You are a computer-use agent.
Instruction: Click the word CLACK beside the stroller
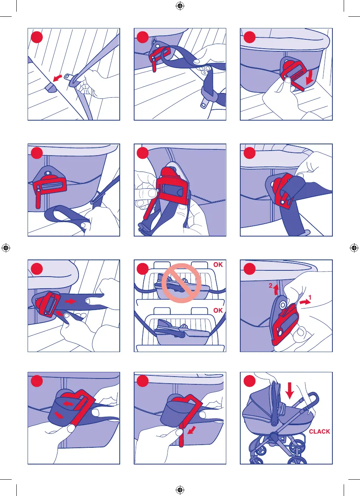319,431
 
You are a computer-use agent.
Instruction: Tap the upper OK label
218,265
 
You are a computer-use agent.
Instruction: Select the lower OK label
218,310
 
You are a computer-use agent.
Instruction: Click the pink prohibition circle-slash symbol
182,283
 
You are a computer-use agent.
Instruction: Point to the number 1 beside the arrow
310,297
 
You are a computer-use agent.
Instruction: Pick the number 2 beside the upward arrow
271,286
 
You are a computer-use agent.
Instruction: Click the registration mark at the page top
180,6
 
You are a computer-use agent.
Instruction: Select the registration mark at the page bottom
180,490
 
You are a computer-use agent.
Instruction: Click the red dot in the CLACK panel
249,381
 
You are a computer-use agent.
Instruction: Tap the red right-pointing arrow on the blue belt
71,301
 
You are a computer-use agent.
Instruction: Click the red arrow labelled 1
305,302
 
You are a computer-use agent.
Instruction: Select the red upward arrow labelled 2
276,289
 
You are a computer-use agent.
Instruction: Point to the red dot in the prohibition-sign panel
143,269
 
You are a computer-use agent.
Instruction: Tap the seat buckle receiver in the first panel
51,89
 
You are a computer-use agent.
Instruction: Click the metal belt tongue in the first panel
68,77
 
